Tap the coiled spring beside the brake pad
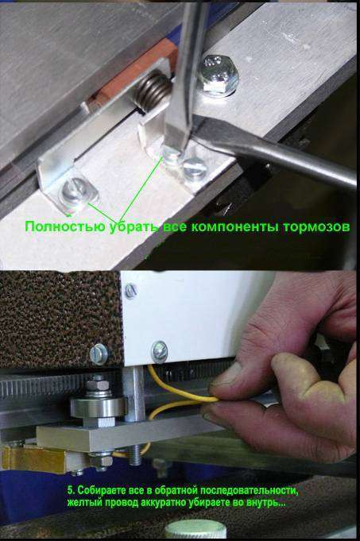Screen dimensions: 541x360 click(x=151, y=89)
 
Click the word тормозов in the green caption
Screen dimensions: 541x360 click(x=317, y=226)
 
